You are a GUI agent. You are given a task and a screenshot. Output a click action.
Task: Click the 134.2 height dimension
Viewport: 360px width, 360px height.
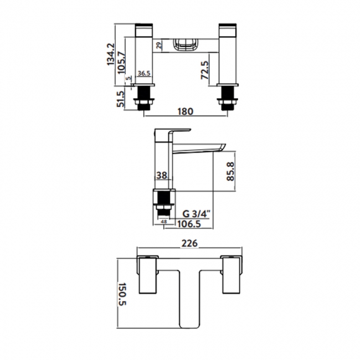tap(111, 54)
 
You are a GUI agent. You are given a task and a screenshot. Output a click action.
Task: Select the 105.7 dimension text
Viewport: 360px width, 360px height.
tap(122, 63)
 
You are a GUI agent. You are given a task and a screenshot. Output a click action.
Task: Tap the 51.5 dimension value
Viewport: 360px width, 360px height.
tap(120, 99)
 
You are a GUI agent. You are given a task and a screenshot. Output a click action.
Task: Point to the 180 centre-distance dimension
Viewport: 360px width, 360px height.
tap(186, 111)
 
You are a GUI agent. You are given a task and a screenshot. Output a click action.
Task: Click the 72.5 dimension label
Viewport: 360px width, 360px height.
tap(205, 70)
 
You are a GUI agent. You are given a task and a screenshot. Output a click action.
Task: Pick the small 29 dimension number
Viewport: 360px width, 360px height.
tap(158, 45)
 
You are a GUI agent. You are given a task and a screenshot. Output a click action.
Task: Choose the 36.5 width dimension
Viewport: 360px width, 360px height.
tap(144, 73)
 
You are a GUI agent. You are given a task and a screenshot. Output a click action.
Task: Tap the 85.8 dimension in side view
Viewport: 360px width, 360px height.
tap(230, 171)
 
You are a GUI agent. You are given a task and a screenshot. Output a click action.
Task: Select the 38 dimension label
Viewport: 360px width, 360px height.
tap(162, 176)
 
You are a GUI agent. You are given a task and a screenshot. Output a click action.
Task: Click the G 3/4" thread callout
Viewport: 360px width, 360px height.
tap(196, 214)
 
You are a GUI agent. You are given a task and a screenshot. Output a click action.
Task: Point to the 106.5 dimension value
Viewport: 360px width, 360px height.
tap(189, 224)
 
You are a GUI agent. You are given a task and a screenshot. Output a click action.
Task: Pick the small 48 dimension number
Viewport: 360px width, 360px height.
tap(164, 222)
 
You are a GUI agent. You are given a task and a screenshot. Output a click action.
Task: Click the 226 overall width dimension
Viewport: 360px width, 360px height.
tap(189, 243)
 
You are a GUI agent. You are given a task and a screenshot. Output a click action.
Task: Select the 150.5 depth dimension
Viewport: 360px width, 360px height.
tap(122, 294)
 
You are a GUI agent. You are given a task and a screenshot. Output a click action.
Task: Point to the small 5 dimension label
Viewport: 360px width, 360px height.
tap(128, 78)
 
